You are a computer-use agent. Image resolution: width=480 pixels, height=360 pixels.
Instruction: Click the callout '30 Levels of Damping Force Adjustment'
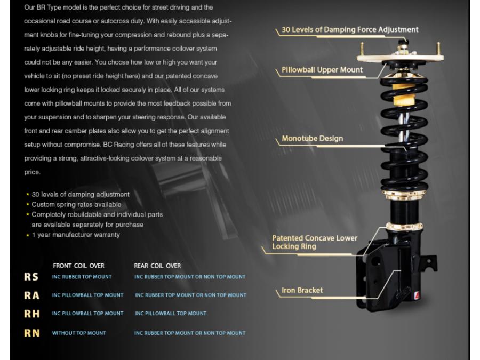(x=350, y=30)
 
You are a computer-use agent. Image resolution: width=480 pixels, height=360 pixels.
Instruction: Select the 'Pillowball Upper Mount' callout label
(x=322, y=69)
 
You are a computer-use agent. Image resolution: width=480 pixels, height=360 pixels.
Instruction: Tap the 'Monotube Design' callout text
(x=313, y=139)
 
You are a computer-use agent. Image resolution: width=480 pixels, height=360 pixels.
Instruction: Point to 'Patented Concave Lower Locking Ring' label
(x=315, y=242)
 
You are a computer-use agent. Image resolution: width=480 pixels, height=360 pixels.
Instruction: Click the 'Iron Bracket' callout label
(x=302, y=291)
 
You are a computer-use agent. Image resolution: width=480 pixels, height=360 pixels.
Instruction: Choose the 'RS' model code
(x=31, y=277)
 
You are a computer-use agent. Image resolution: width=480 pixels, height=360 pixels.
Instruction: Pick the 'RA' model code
(x=31, y=295)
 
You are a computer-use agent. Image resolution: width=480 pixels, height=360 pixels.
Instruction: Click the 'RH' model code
(x=31, y=314)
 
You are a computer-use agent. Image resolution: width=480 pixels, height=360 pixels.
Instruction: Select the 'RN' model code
(x=31, y=333)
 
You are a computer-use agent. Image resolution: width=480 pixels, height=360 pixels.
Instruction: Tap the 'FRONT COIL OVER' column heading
(x=79, y=266)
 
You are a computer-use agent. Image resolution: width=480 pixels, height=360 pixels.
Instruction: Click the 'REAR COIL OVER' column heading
(x=157, y=266)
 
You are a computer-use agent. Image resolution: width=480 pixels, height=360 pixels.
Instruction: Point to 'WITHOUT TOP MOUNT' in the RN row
(x=79, y=333)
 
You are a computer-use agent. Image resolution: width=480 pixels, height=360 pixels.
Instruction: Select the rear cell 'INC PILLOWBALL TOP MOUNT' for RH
(x=171, y=314)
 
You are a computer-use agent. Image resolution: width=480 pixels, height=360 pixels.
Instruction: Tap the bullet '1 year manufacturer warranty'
(x=76, y=235)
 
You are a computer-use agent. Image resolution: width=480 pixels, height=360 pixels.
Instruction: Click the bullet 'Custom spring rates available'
(x=76, y=204)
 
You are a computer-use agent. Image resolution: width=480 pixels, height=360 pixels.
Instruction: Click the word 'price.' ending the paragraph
(x=33, y=173)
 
